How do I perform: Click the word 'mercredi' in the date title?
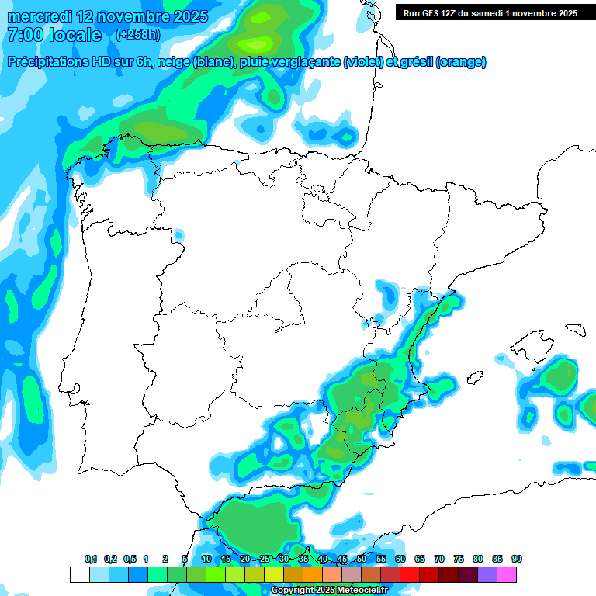pos(38,16)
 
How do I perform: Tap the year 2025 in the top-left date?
pos(189,16)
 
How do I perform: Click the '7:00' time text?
pos(25,35)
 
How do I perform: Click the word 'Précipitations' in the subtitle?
pos(49,62)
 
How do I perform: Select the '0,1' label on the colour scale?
pos(91,560)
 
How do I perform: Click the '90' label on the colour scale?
pos(517,560)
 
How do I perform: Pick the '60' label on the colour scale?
pos(400,560)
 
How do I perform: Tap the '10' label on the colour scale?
pos(206,560)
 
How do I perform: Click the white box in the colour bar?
pos(79,574)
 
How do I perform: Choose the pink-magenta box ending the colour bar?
pos(507,574)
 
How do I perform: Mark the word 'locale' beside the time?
pos(74,35)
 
